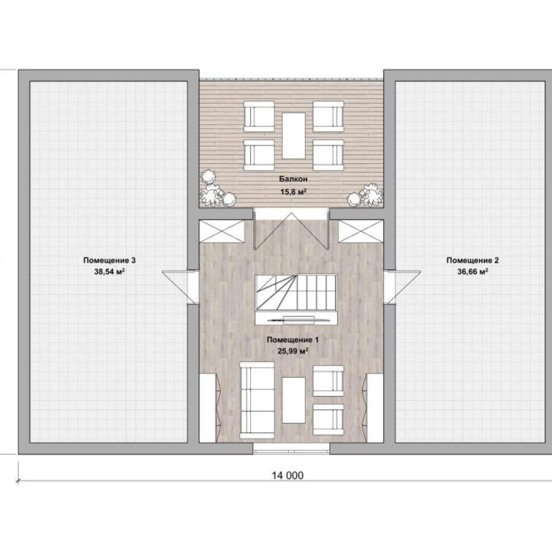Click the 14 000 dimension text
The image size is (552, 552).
(287, 475)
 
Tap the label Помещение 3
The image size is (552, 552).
(109, 261)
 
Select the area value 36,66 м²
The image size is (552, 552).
(472, 272)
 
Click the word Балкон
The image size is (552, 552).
(293, 179)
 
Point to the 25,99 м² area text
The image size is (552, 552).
(293, 351)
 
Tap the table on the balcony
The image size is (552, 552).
(293, 136)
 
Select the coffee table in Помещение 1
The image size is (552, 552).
(293, 401)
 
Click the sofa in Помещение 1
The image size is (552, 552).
(257, 401)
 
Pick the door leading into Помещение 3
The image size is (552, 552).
(180, 286)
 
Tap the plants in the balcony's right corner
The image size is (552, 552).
(365, 194)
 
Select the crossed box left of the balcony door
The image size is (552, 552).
(222, 231)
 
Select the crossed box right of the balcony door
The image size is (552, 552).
(361, 231)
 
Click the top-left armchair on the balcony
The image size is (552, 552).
(259, 117)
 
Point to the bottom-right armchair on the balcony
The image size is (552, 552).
(328, 155)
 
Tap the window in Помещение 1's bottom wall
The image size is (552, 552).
(291, 448)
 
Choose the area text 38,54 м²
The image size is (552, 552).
(110, 272)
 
